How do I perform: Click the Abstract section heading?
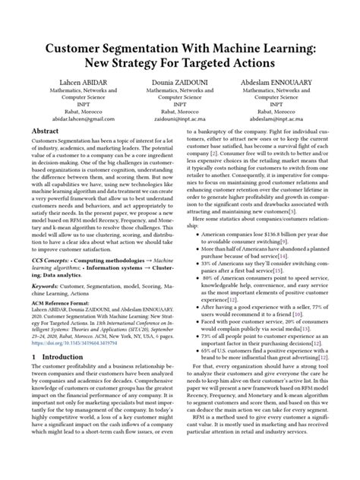click(46, 132)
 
